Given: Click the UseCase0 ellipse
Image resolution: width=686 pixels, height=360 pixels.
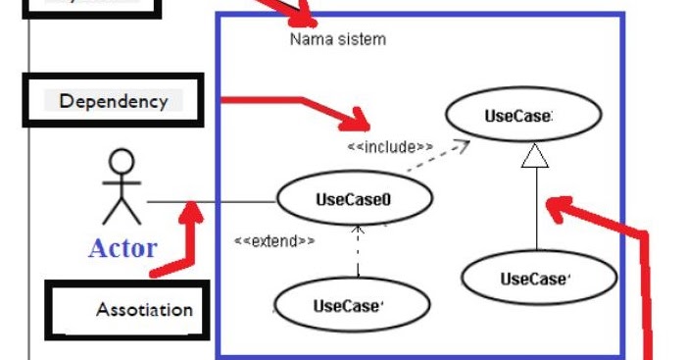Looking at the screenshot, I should coord(354,199).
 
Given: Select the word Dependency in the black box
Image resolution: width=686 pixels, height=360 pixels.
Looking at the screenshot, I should coord(114,100).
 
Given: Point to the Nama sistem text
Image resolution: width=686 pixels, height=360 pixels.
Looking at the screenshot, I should coord(337,39).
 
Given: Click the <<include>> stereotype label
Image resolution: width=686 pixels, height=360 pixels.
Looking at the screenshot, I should coord(390,147).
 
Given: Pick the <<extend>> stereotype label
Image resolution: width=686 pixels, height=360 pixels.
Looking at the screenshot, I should coord(274,240).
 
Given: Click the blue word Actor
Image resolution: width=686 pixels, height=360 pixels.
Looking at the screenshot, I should coord(122,247).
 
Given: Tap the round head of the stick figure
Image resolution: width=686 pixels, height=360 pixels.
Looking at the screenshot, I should coord(122,162).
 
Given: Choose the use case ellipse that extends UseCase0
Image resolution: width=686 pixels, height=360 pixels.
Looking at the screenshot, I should coord(351,305).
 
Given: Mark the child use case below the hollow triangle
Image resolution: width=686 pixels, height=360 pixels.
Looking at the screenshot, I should coord(538,279).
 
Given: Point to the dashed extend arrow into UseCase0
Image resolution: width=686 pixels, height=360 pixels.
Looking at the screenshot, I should coord(359,250).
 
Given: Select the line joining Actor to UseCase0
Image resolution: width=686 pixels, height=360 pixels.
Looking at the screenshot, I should coord(211,203).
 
